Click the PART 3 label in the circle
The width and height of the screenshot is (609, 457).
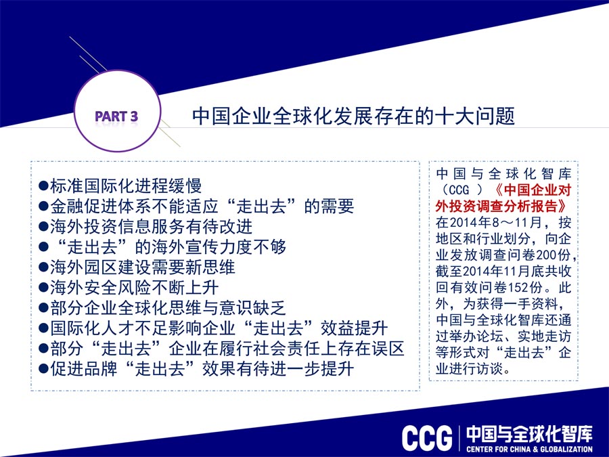click(116, 116)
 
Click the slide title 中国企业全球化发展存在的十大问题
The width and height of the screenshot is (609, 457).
click(353, 116)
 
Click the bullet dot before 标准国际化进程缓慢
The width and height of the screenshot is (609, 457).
click(43, 186)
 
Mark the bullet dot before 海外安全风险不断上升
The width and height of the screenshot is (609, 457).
click(43, 288)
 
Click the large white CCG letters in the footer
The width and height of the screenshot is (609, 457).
click(427, 438)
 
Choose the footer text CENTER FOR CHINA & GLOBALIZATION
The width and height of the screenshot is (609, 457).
click(530, 450)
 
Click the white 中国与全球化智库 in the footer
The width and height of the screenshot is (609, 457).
click(530, 434)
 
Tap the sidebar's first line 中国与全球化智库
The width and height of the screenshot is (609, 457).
click(503, 173)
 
